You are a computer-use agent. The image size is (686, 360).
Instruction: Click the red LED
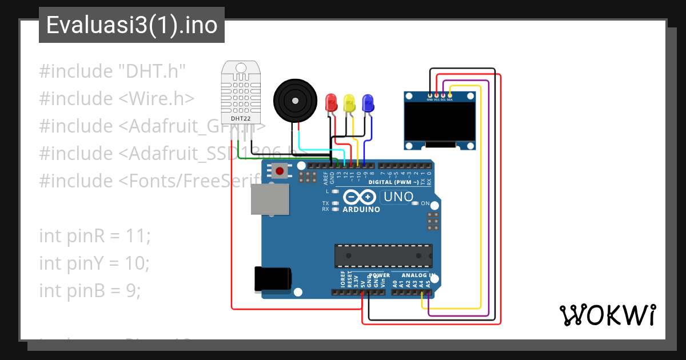point(331,103)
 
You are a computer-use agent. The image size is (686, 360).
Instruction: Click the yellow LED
point(349,103)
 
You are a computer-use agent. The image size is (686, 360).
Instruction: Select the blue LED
point(368,103)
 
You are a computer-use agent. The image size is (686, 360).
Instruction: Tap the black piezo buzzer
point(294,101)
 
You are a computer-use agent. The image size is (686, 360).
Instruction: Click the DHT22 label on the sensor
point(240,119)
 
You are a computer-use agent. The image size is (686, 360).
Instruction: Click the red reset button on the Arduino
point(280,170)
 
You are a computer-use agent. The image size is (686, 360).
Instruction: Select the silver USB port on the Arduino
point(270,200)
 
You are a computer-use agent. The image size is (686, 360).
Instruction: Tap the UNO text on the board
point(398,197)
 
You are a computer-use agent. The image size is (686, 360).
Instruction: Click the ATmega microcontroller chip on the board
point(383,255)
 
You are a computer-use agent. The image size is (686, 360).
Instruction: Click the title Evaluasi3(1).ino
point(131,26)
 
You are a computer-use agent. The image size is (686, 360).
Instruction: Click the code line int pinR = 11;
point(95,235)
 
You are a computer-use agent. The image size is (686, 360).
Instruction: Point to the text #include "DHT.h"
point(113,71)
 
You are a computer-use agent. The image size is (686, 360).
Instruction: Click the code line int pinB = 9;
point(90,290)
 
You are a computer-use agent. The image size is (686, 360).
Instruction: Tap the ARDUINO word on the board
point(361,209)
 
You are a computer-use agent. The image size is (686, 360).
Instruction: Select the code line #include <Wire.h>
point(117,99)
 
